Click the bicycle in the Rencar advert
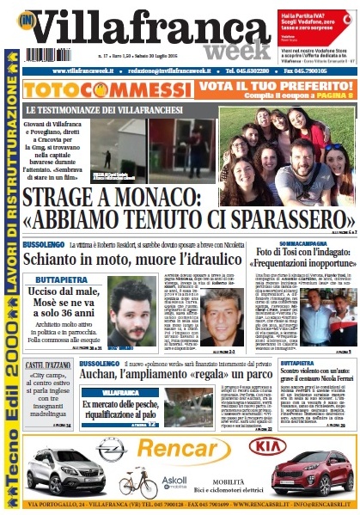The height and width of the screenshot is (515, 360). (x=138, y=482)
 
